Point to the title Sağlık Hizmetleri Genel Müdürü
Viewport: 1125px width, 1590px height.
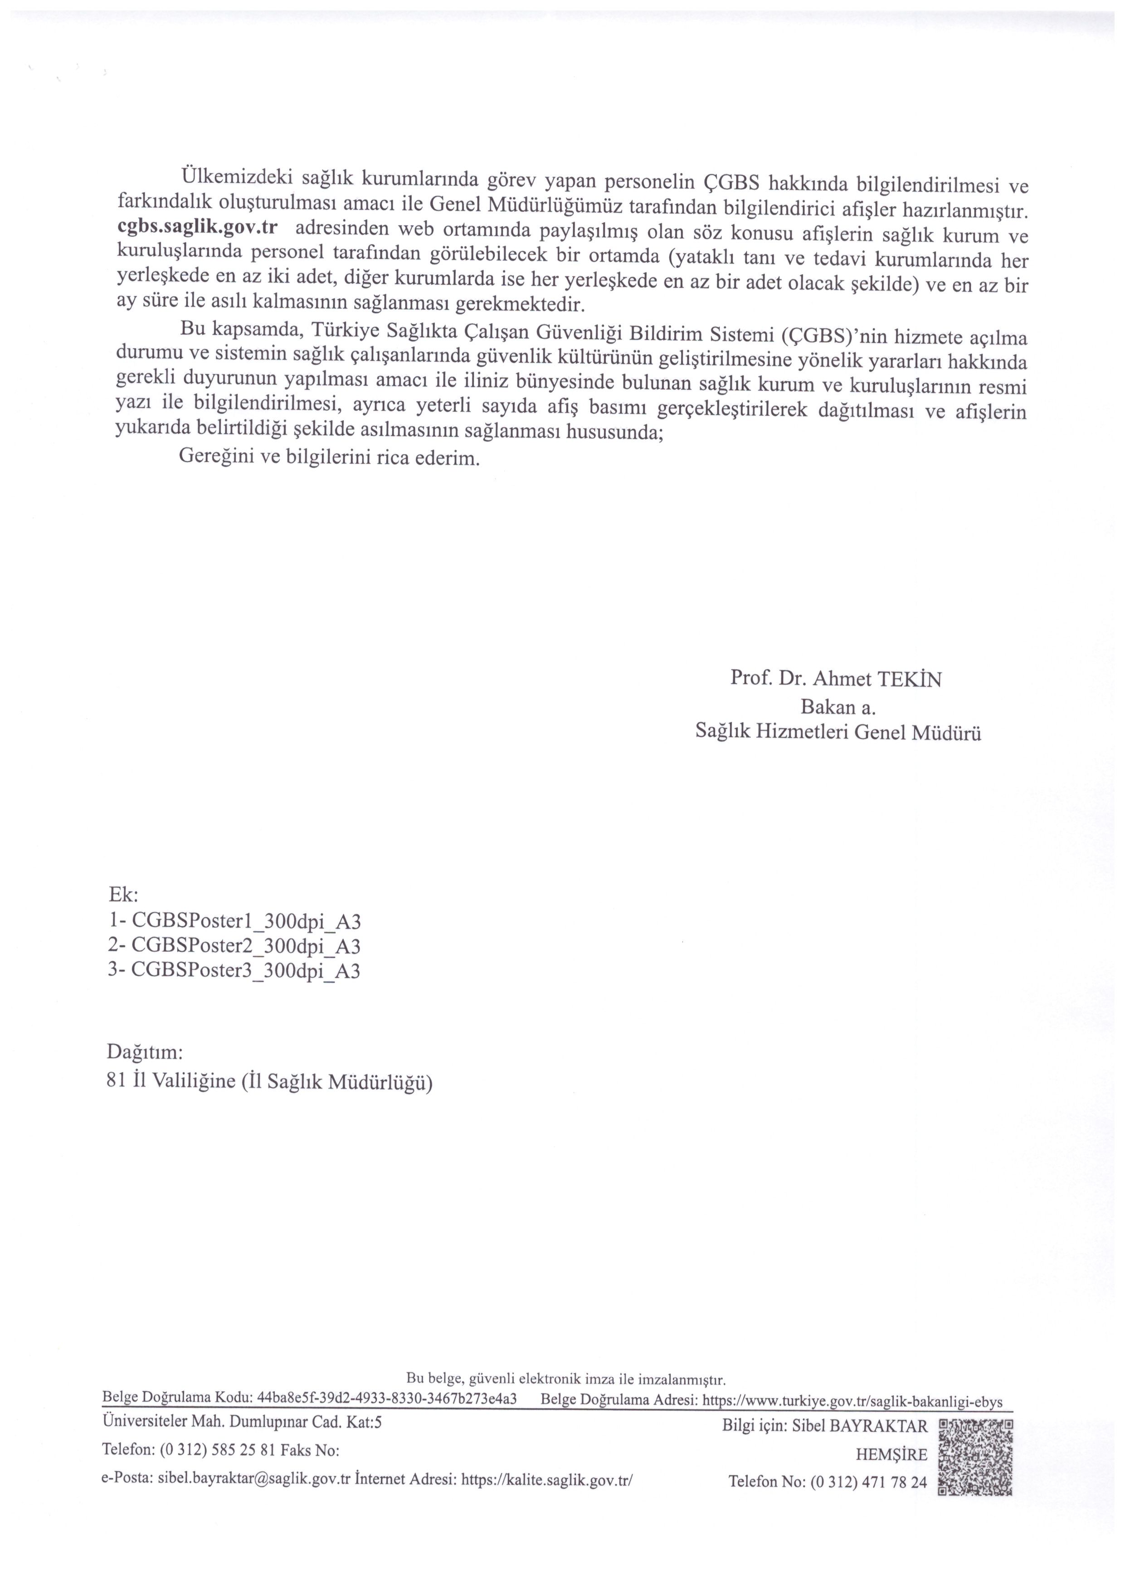pyautogui.click(x=838, y=734)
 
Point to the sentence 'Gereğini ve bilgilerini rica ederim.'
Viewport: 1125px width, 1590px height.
pyautogui.click(x=329, y=458)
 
